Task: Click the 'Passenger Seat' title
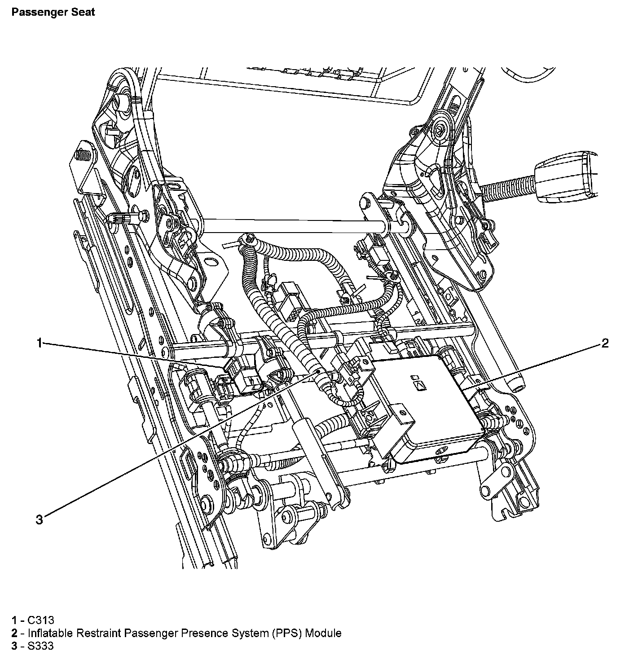53,12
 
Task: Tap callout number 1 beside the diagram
40,343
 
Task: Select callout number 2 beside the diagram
605,343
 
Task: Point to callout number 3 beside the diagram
40,520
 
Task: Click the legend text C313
40,620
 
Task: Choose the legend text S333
40,646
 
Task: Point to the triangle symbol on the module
420,385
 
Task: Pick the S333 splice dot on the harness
317,371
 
